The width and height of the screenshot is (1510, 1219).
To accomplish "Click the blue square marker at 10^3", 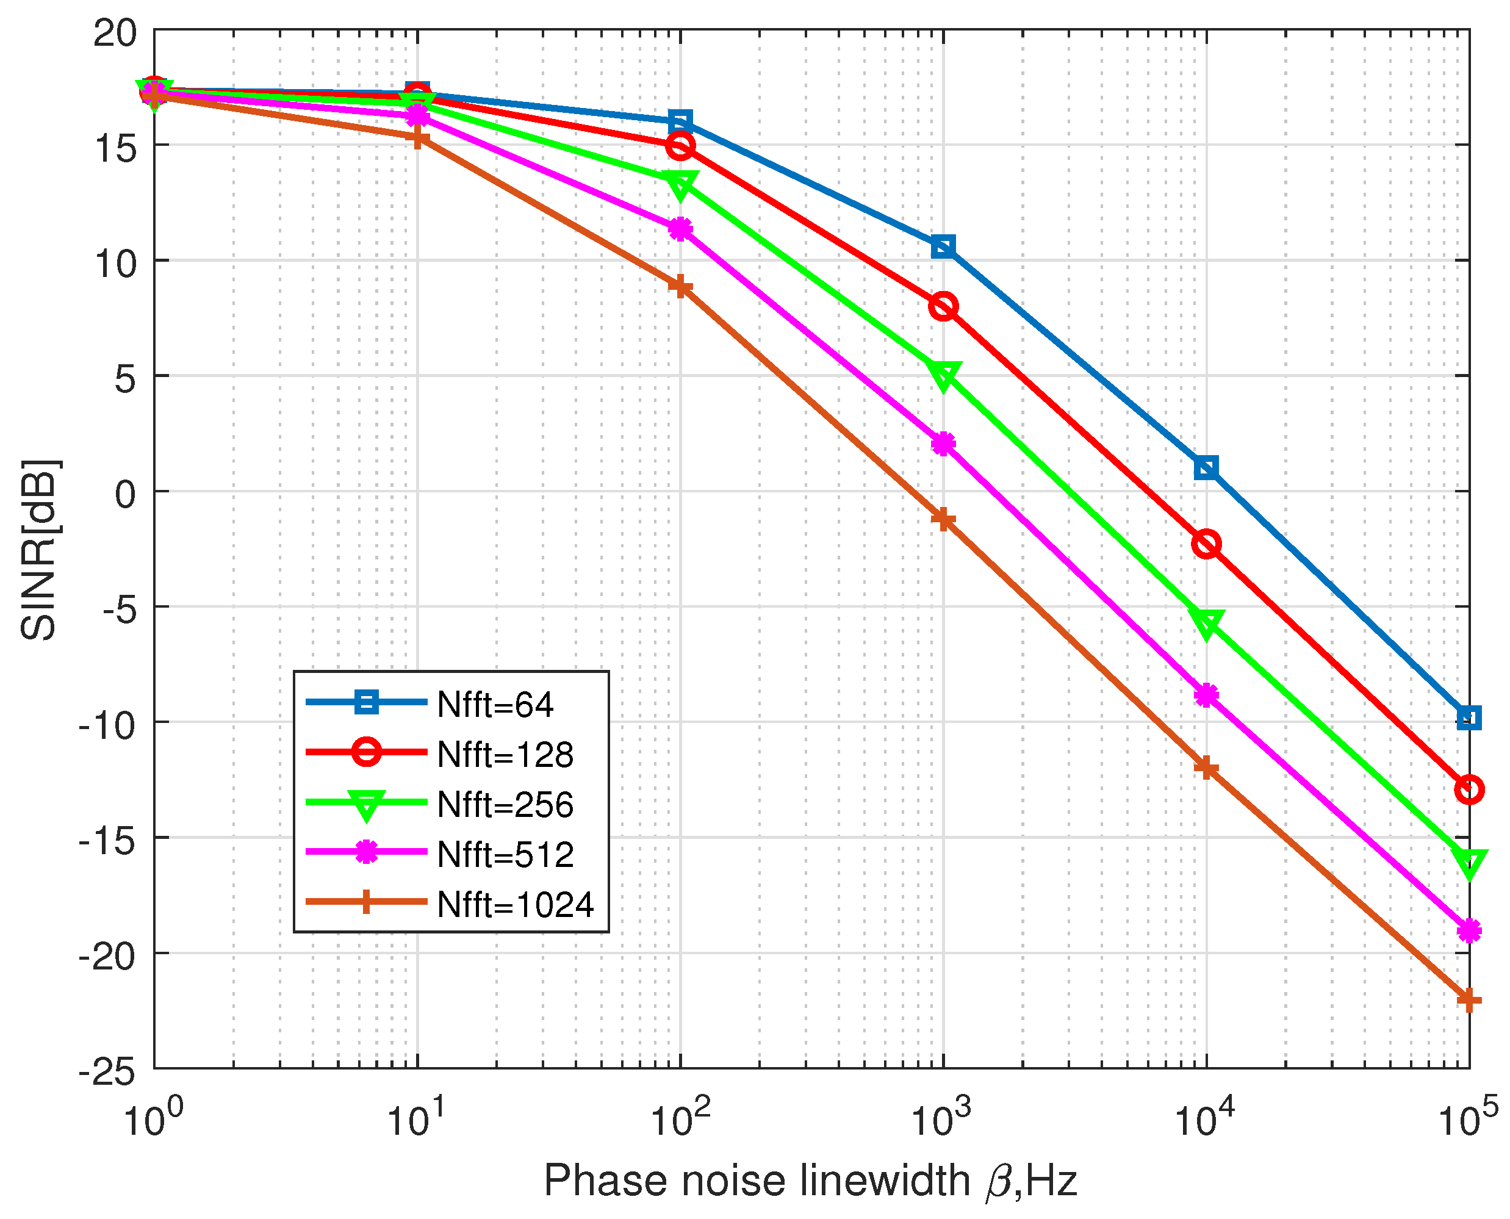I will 943,247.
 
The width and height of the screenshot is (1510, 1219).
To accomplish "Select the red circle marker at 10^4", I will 1206,544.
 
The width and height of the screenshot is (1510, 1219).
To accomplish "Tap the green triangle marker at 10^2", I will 680,184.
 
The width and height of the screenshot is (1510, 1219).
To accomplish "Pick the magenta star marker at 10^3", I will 943,444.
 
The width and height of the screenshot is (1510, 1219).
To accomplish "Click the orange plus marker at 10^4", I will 1206,768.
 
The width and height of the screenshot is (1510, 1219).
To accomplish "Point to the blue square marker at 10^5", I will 1469,717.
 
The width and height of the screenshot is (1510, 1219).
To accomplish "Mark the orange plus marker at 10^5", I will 1469,1000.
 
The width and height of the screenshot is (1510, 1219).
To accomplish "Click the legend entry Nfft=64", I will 495,704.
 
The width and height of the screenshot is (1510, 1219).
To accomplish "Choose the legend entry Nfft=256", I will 505,805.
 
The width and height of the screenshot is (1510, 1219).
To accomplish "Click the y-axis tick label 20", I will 115,32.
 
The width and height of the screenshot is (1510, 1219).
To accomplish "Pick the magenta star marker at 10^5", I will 1469,931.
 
